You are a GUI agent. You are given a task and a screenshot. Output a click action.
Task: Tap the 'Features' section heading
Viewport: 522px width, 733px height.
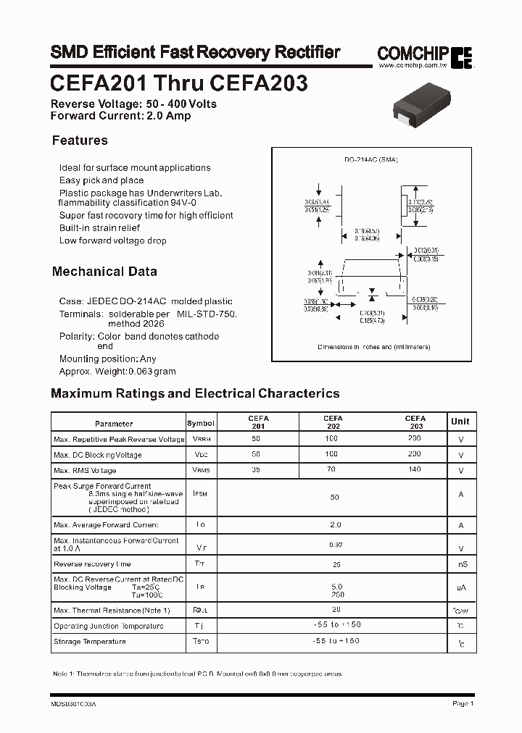click(80, 141)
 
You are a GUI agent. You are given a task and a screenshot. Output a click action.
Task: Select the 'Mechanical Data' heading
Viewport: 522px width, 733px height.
click(104, 272)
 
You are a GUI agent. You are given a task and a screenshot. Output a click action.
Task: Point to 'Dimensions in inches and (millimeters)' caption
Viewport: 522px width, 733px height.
click(374, 347)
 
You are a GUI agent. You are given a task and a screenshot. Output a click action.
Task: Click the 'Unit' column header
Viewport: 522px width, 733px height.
click(460, 422)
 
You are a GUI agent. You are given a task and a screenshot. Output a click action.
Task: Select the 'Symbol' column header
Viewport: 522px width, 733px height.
click(201, 424)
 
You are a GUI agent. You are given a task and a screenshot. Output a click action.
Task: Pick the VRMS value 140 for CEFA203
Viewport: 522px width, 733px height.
click(414, 470)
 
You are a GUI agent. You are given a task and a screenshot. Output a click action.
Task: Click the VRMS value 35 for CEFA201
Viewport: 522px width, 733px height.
click(255, 470)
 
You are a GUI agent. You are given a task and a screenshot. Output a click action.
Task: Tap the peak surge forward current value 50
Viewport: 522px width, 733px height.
click(334, 498)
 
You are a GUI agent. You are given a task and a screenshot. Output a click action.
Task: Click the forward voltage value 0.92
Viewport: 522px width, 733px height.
click(334, 544)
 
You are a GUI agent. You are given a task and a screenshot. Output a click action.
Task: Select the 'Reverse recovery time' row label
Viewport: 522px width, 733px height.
click(92, 564)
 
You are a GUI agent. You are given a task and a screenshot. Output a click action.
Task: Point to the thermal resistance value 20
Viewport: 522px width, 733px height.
click(335, 610)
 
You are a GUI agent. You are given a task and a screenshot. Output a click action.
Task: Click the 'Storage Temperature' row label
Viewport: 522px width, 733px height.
click(90, 642)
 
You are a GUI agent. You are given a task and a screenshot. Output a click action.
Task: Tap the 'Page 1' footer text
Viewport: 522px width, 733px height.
click(463, 703)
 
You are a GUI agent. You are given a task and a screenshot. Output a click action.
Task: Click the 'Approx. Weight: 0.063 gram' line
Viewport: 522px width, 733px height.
click(117, 371)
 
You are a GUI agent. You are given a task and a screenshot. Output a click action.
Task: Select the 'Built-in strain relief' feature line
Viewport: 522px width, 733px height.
click(99, 227)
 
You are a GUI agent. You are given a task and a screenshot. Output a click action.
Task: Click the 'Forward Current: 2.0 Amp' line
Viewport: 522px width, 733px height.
click(120, 115)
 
